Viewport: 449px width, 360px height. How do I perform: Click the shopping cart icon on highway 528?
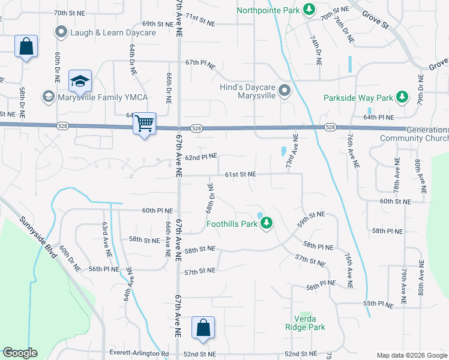[144, 124]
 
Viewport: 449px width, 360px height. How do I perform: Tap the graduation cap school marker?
[80, 80]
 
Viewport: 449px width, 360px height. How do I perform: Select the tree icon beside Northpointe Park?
[309, 10]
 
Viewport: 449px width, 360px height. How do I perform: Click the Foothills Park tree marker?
[267, 224]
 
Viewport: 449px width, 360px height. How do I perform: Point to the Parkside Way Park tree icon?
[402, 97]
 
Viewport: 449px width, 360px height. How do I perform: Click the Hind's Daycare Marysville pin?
[285, 91]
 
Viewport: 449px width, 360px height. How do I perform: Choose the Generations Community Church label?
[414, 134]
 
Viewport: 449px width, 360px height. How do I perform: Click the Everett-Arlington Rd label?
[139, 353]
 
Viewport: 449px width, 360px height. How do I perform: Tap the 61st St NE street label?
[240, 174]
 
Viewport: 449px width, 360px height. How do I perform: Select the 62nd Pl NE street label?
[200, 157]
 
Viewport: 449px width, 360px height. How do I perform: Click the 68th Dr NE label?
[211, 198]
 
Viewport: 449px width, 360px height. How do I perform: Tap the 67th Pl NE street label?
[200, 62]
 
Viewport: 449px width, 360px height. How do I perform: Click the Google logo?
[20, 353]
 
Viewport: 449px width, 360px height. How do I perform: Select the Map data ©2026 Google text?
[411, 355]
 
